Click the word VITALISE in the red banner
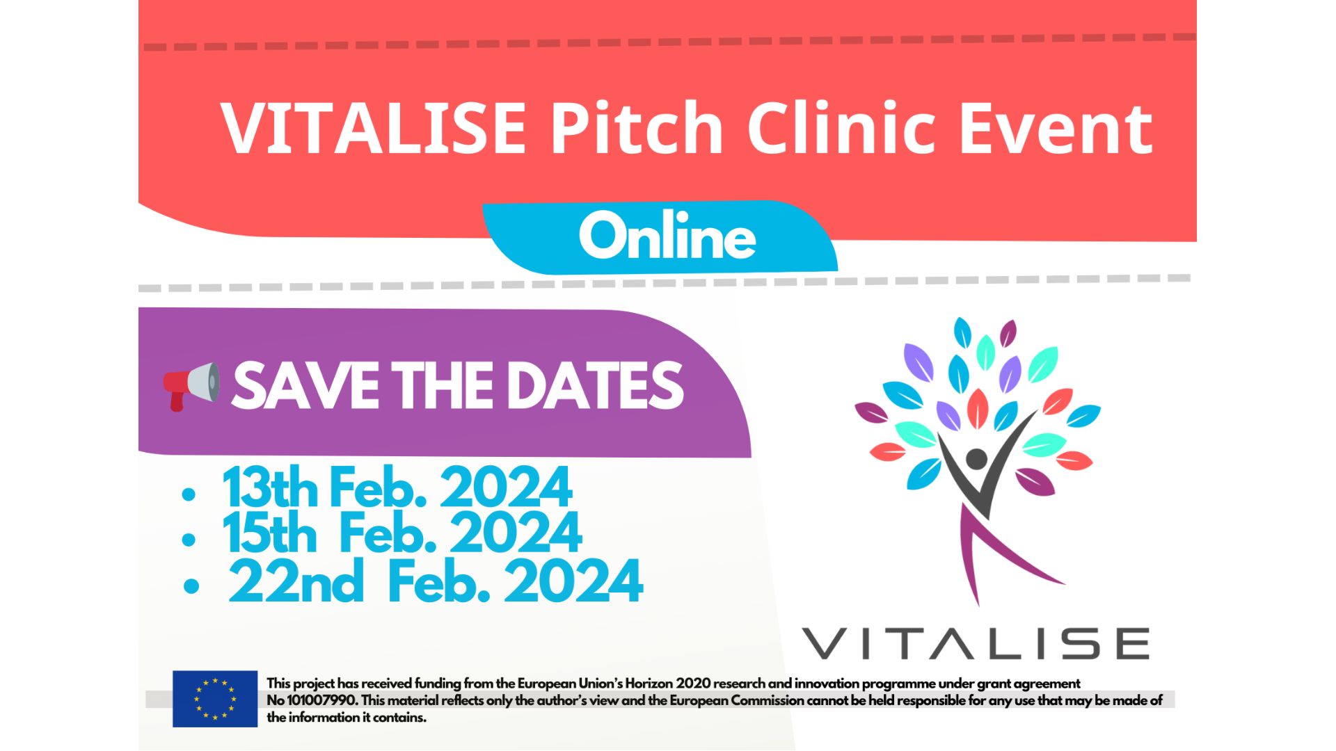pyautogui.click(x=373, y=128)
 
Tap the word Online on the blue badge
pyautogui.click(x=667, y=236)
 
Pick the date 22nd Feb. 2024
pyautogui.click(x=436, y=581)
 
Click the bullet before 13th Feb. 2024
pyautogui.click(x=188, y=494)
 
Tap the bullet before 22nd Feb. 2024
pyautogui.click(x=191, y=586)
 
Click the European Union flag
pyautogui.click(x=215, y=699)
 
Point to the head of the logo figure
pyautogui.click(x=976, y=458)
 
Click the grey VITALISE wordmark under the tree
pyautogui.click(x=976, y=643)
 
